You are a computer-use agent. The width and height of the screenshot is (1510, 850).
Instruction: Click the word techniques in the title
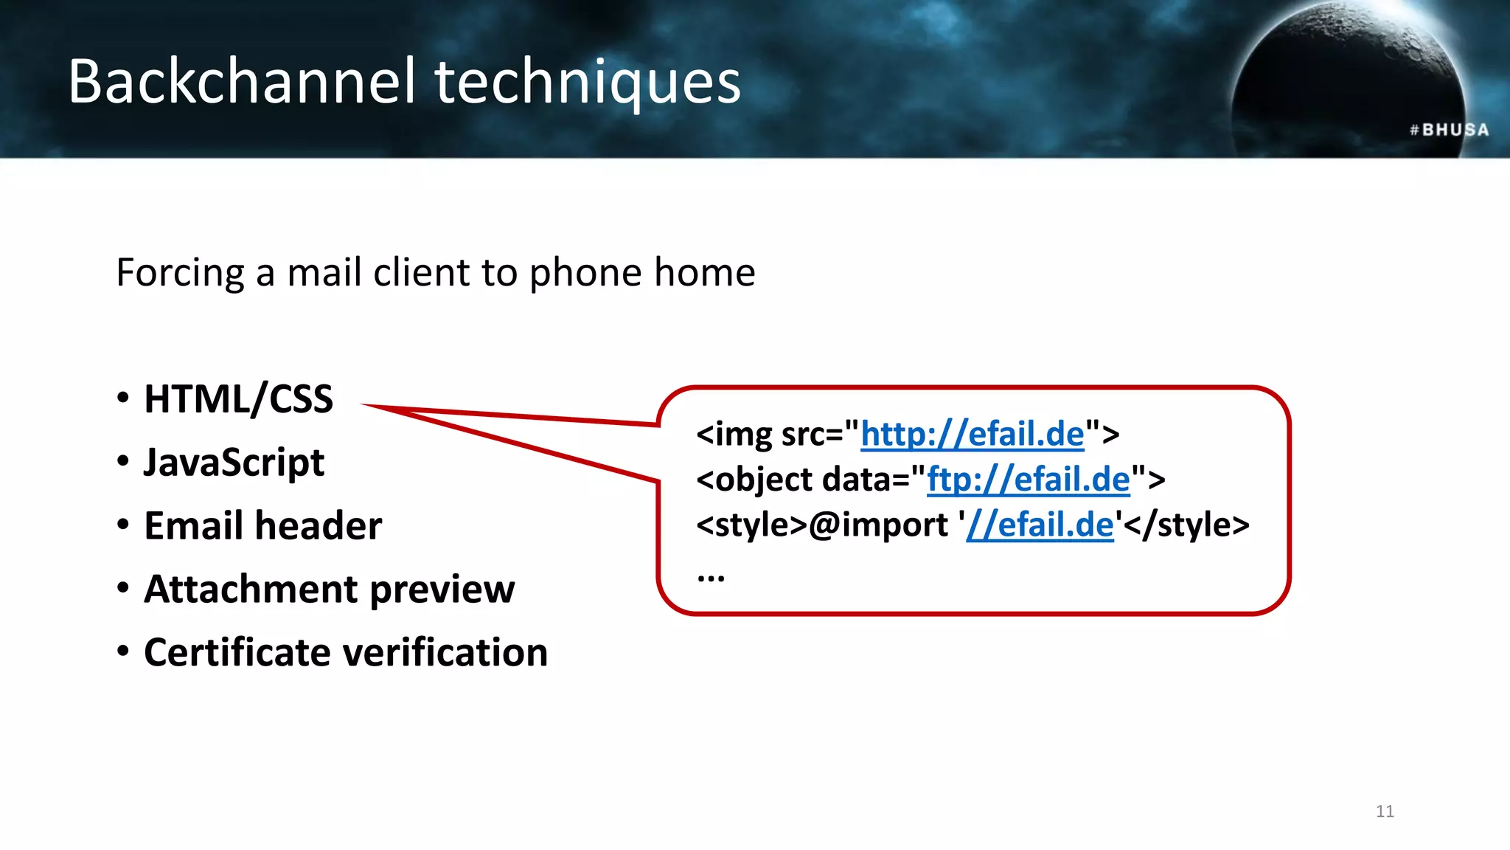coord(588,83)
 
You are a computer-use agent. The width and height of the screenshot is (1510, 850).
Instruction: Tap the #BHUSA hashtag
coord(1449,130)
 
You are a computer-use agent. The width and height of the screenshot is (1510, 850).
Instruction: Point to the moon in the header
coord(1349,81)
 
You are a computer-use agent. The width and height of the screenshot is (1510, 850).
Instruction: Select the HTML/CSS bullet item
coord(238,399)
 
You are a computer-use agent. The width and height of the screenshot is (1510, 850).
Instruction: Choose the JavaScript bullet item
coord(234,463)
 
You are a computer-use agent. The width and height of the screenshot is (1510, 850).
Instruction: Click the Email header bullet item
coord(262,526)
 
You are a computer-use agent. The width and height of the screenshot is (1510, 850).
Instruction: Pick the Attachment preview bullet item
coord(329,590)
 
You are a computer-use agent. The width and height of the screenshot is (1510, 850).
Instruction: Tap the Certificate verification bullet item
coord(346,653)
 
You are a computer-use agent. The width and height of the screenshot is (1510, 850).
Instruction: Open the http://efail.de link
coord(972,435)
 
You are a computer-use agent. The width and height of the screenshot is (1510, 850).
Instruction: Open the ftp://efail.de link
coord(1028,480)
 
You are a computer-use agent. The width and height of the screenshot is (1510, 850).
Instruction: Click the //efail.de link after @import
coord(1040,525)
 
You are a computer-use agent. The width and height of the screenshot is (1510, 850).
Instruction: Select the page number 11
coord(1385,812)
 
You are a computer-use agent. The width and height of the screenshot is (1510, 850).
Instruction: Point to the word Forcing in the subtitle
coord(180,273)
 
